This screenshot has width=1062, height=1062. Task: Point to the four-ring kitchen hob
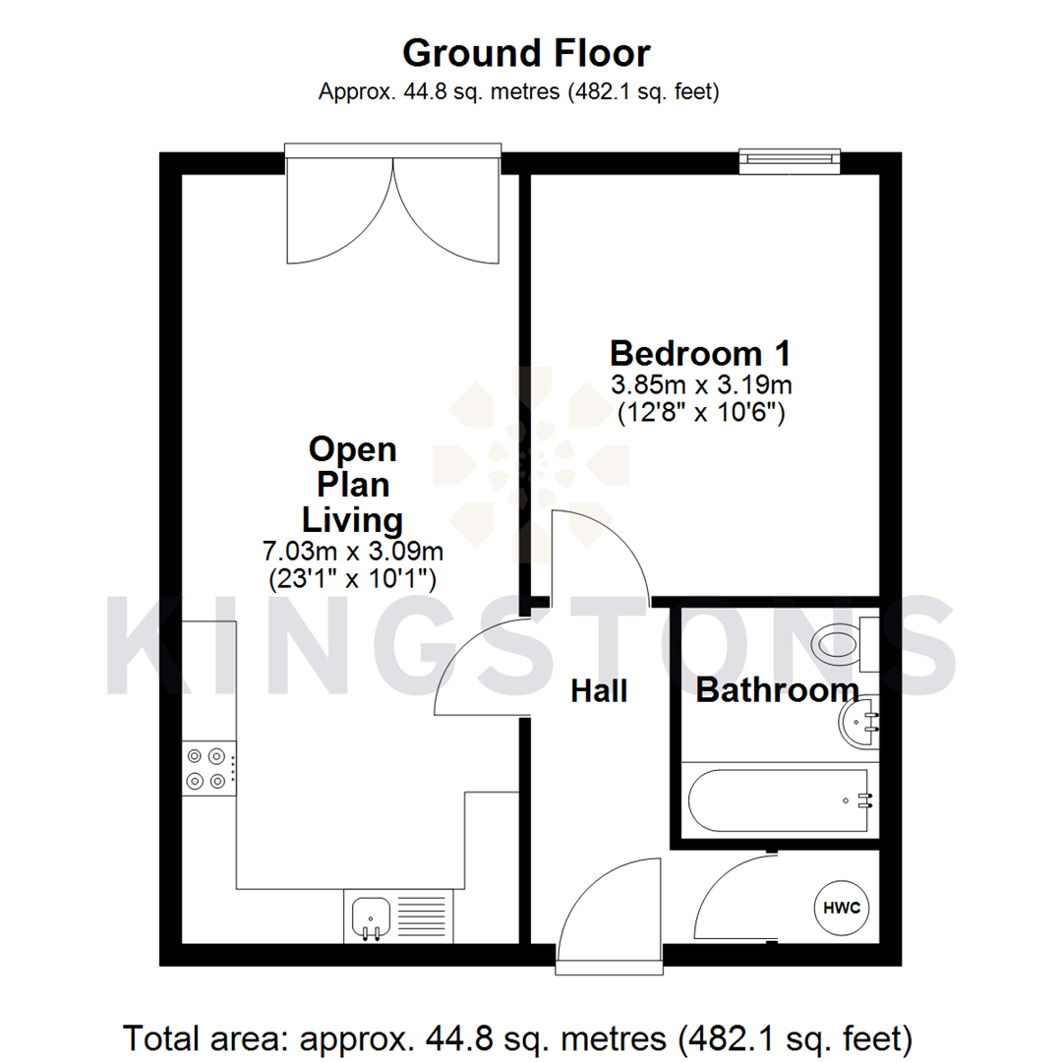[x=208, y=768]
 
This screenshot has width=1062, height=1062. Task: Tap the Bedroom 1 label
[x=700, y=351]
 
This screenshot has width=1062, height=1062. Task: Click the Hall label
[x=599, y=691]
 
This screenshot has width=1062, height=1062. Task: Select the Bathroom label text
[x=777, y=690]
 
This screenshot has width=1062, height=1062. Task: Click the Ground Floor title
[x=526, y=52]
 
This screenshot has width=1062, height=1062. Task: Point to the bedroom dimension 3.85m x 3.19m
[x=700, y=383]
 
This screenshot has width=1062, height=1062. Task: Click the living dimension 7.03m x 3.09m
[x=353, y=549]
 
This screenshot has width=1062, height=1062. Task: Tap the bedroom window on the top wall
[x=790, y=160]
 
